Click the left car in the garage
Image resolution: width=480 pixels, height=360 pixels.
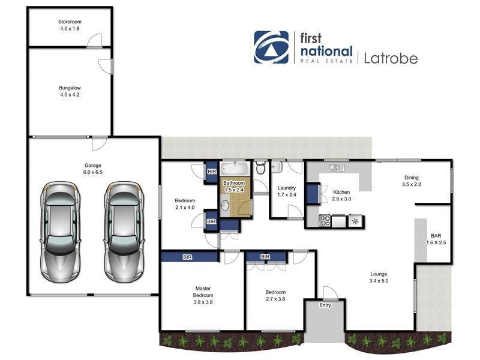61,231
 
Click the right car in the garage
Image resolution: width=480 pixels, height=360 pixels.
124,231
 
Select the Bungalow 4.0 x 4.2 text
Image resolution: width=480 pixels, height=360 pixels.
70,91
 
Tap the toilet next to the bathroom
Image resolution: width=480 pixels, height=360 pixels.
260,169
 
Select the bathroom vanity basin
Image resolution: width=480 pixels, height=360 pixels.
225,207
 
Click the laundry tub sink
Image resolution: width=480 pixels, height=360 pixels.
277,167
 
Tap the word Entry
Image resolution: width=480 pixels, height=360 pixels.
325,305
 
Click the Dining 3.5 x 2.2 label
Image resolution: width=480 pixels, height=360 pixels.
411,181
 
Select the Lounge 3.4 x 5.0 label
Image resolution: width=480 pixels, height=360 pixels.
379,277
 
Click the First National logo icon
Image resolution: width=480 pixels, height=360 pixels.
271,47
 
